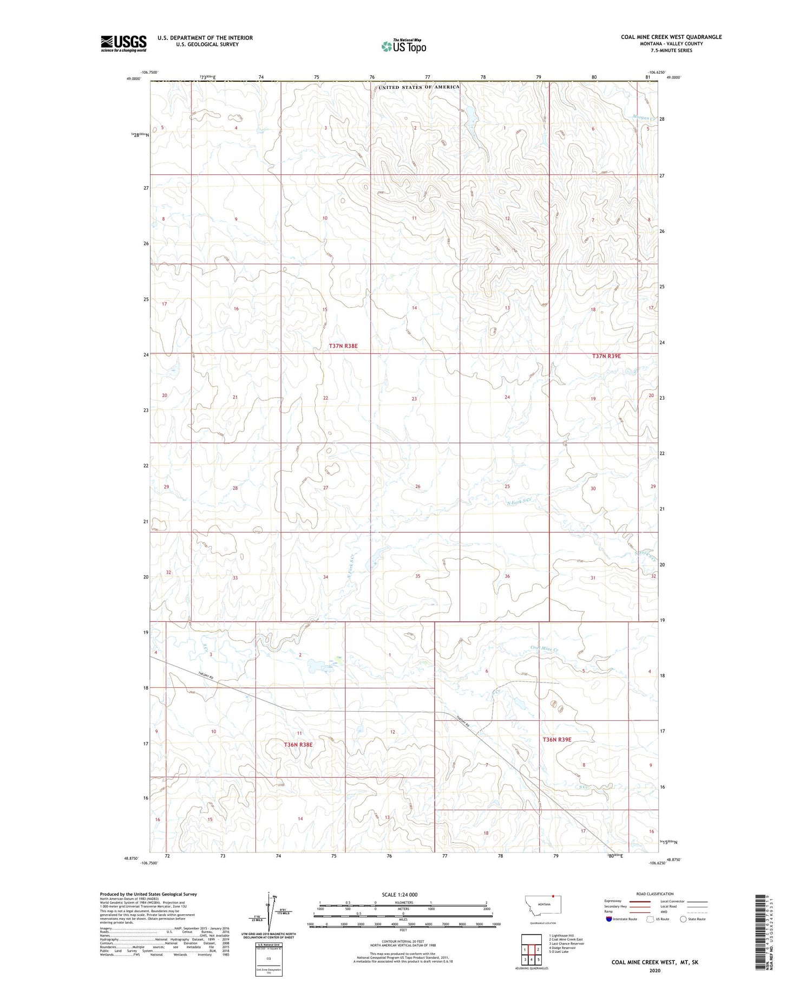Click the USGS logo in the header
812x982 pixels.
(123, 43)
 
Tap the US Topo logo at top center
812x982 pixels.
(404, 47)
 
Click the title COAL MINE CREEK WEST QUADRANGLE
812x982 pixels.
(671, 37)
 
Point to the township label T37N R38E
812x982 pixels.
(343, 346)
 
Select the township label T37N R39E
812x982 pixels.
(606, 356)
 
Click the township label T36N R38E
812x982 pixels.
(298, 745)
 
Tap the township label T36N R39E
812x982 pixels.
(556, 739)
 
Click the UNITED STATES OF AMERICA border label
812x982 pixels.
(418, 87)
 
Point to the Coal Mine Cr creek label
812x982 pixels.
(544, 648)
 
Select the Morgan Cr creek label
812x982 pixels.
(644, 118)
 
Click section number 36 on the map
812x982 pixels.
(507, 576)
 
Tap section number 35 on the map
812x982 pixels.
(417, 576)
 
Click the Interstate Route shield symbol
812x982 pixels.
(609, 919)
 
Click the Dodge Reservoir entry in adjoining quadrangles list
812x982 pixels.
(563, 948)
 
